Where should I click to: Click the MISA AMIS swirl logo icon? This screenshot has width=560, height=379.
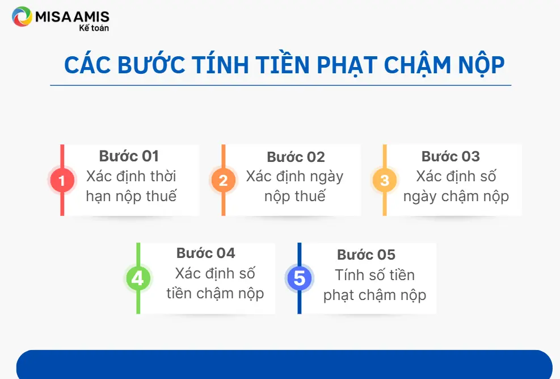[x=22, y=16]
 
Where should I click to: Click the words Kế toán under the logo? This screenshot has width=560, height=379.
[x=94, y=28]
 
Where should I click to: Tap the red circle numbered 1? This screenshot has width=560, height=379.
[x=62, y=180]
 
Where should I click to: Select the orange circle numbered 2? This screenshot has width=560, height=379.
[x=223, y=180]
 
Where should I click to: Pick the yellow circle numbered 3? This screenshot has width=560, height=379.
[x=385, y=180]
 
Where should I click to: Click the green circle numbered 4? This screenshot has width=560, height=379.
[x=138, y=278]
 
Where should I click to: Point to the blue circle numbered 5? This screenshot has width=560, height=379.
[x=299, y=278]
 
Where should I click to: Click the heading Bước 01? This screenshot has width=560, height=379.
[x=129, y=156]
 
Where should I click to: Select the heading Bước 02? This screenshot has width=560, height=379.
[x=296, y=157]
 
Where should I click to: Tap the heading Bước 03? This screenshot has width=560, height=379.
[x=450, y=156]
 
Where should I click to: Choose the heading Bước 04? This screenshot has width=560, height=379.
[x=206, y=253]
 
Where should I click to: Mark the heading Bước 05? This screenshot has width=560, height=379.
[x=367, y=255]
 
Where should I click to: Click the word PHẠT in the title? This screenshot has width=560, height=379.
[x=347, y=66]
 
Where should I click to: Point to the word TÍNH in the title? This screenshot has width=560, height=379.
[x=220, y=65]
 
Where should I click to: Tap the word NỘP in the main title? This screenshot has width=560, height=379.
[x=481, y=66]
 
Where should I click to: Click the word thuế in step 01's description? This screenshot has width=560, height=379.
[x=162, y=196]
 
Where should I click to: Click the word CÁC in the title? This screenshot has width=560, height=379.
[x=87, y=65]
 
